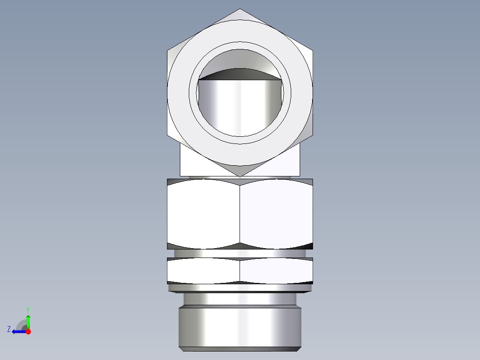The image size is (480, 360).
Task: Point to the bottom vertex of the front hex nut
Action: (x=240, y=176)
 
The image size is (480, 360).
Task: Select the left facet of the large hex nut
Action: (x=203, y=214)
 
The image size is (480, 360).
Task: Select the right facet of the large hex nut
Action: (x=276, y=214)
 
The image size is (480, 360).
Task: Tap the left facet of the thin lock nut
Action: (x=203, y=270)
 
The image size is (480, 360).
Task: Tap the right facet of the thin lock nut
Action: (x=276, y=270)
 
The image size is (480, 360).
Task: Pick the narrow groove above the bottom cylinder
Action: (x=240, y=299)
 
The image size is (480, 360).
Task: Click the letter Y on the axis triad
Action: (x=28, y=309)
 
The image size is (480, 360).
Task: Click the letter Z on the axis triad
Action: (x=9, y=329)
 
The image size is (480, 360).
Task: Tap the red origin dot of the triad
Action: (x=28, y=331)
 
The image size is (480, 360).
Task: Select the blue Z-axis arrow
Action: (x=19, y=331)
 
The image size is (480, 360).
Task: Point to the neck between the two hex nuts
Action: (x=240, y=253)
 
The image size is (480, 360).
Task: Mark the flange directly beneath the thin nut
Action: (x=240, y=288)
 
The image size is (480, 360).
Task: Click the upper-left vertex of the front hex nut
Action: (x=168, y=50)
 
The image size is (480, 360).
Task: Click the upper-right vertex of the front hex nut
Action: (x=313, y=50)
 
